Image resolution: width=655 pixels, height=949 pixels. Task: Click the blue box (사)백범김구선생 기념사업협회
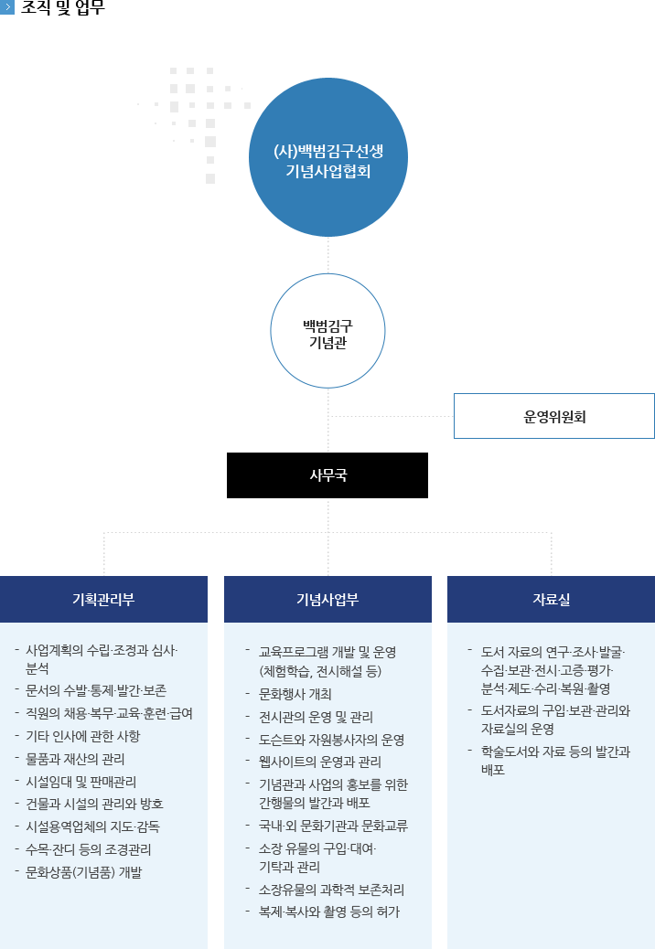click(327, 157)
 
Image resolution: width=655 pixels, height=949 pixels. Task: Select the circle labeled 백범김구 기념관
click(327, 331)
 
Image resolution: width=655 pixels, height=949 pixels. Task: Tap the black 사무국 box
click(327, 475)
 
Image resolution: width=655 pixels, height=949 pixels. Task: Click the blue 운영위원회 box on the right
click(553, 416)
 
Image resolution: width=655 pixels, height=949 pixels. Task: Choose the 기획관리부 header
click(103, 599)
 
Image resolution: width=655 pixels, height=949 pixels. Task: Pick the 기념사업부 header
click(327, 599)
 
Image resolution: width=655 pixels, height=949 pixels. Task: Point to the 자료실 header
click(551, 599)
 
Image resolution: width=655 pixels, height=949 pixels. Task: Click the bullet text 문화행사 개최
click(295, 693)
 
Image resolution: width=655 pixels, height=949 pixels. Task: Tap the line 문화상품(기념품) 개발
click(83, 871)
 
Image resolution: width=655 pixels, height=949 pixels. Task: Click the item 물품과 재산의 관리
click(75, 758)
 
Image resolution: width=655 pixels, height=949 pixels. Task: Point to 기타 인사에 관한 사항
click(83, 736)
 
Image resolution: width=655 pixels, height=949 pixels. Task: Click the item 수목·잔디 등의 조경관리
click(89, 848)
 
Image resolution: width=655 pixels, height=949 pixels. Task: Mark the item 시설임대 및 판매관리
click(81, 781)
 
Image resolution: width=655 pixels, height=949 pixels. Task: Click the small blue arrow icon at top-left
click(8, 7)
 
